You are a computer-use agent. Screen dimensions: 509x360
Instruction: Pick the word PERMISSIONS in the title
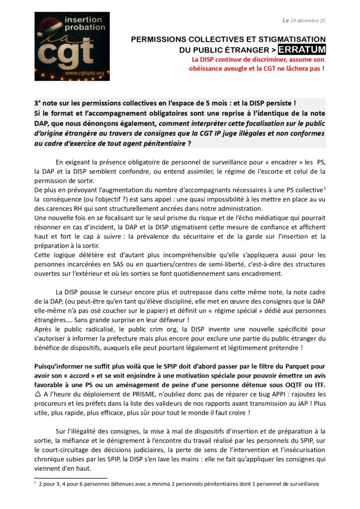point(159,39)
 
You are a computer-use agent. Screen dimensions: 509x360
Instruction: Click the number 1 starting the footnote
point(36,483)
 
